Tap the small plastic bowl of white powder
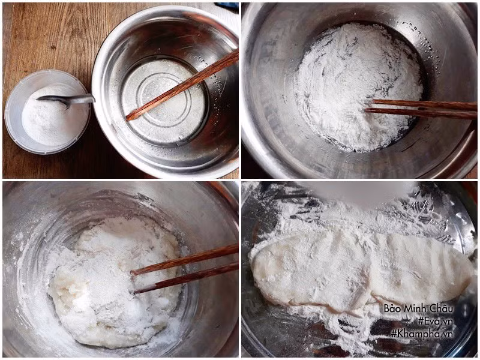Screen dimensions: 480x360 coord(47,112)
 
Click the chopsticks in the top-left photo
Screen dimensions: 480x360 coord(182,86)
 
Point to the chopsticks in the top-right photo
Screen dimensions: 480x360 coord(421,109)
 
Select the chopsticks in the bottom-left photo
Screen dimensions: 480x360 coord(185,269)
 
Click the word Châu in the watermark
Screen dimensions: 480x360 coord(442,308)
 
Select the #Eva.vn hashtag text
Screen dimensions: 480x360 coord(435,321)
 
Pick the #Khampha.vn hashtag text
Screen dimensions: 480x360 coord(422,334)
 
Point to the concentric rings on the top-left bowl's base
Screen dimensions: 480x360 coord(163,101)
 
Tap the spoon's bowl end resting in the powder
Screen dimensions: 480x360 coord(52,101)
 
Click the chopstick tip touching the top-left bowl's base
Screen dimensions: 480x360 coord(128,117)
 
